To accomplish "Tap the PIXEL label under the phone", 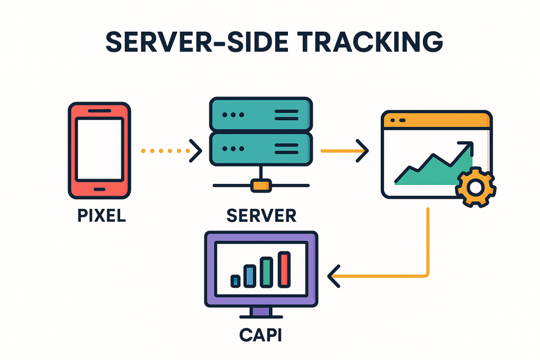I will coord(101,216).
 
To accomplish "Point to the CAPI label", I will coord(260,335).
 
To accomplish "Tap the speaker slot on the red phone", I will coord(99,111).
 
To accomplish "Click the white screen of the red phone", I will coord(99,150).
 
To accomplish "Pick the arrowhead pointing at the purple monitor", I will coord(334,276).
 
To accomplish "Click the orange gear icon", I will coord(475,187).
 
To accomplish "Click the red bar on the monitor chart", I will coord(285,269).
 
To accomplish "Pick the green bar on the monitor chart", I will coord(267,272).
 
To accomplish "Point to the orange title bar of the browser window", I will coord(436,120).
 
